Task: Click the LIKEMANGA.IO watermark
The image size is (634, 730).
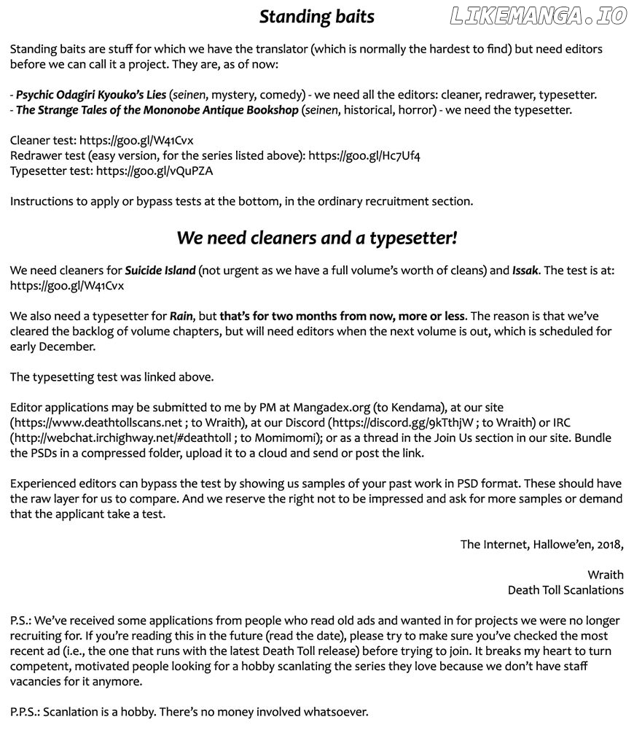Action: pyautogui.click(x=539, y=16)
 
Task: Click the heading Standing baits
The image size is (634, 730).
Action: pyautogui.click(x=316, y=17)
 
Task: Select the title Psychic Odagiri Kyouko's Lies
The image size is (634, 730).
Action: pyautogui.click(x=91, y=95)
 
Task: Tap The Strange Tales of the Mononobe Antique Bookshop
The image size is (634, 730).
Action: pyautogui.click(x=157, y=110)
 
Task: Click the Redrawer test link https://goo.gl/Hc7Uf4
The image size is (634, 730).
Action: pyautogui.click(x=364, y=156)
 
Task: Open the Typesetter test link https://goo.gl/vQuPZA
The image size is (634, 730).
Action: pyautogui.click(x=154, y=171)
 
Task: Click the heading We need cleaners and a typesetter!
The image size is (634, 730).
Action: pyautogui.click(x=316, y=238)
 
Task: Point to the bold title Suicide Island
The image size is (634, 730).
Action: pyautogui.click(x=160, y=271)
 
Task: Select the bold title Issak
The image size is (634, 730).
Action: pyautogui.click(x=525, y=271)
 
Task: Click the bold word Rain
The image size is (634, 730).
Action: pyautogui.click(x=181, y=317)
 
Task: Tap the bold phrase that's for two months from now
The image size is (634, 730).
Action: pyautogui.click(x=332, y=317)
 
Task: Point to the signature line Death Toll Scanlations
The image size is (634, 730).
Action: pyautogui.click(x=565, y=590)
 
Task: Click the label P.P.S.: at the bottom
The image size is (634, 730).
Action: pyautogui.click(x=25, y=712)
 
